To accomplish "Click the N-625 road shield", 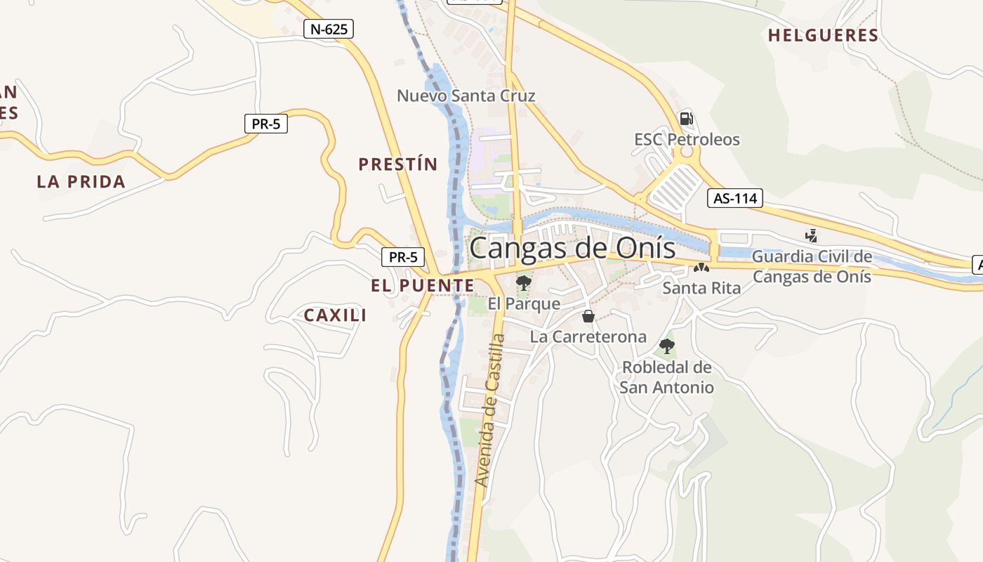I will point(328,29).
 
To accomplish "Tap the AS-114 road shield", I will point(734,198).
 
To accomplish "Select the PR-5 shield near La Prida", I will point(266,124).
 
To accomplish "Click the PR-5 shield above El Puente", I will point(403,257).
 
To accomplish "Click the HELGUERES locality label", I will point(823,35).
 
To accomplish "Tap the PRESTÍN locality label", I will point(397,164).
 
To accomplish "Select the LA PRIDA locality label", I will point(81,181).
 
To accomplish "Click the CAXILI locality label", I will point(335,315).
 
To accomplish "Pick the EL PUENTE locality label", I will point(423,286).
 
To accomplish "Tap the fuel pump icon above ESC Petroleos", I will point(686,119).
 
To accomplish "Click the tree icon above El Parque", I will point(523,283).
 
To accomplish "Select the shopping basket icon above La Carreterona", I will point(588,316).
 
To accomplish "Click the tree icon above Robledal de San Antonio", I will point(667,346).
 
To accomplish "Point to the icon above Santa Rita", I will point(701,267).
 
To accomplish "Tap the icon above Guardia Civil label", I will point(812,235).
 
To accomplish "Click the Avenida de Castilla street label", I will point(490,410).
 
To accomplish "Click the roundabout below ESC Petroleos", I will point(686,151).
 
